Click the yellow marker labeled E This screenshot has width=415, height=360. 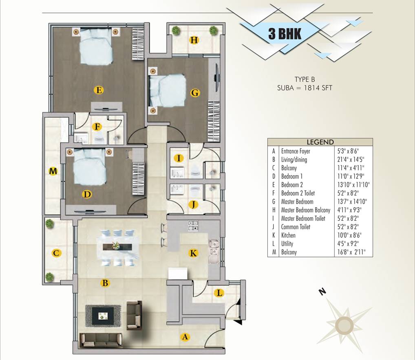coord(98,90)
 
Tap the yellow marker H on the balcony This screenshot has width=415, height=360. coord(194,40)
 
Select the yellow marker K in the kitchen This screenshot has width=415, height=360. coord(193,253)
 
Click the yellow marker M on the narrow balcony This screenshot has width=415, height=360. coord(53,171)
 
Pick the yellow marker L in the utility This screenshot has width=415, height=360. coord(219,293)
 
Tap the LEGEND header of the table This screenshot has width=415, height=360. coord(320,142)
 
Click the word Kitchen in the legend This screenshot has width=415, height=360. coord(288,235)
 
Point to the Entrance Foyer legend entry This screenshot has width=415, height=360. coord(296,151)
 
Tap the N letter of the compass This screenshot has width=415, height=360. coord(322,291)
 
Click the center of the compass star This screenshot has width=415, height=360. coord(345,325)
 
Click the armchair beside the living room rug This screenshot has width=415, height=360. coord(134,315)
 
